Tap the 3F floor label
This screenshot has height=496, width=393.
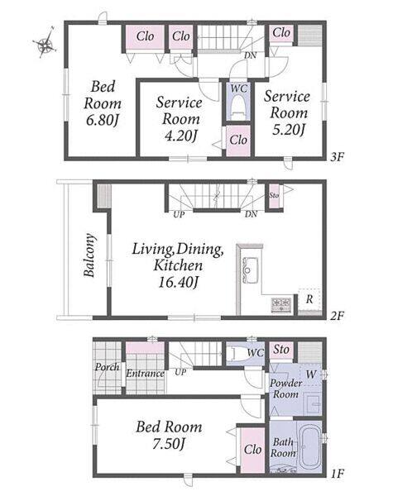tap(337, 156)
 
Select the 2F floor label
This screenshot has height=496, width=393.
tap(337, 316)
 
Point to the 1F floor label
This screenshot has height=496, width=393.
tap(338, 474)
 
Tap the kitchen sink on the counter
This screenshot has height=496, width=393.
tap(250, 270)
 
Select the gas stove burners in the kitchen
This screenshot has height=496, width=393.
tap(281, 305)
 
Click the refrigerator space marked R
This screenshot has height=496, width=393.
tap(309, 299)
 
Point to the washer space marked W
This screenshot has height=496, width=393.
tap(310, 374)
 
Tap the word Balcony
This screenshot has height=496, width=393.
tap(89, 255)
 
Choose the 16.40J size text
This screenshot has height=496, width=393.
tap(178, 283)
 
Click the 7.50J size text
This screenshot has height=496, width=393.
tap(168, 444)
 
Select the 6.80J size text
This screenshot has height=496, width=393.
tap(103, 120)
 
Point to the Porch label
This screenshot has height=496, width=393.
tap(107, 367)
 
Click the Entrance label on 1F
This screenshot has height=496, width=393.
tap(146, 374)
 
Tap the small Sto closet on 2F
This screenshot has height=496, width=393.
tap(274, 195)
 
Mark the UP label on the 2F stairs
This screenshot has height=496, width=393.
tap(179, 214)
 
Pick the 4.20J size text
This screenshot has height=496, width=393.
tap(180, 136)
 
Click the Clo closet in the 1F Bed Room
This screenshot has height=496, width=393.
tap(252, 450)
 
